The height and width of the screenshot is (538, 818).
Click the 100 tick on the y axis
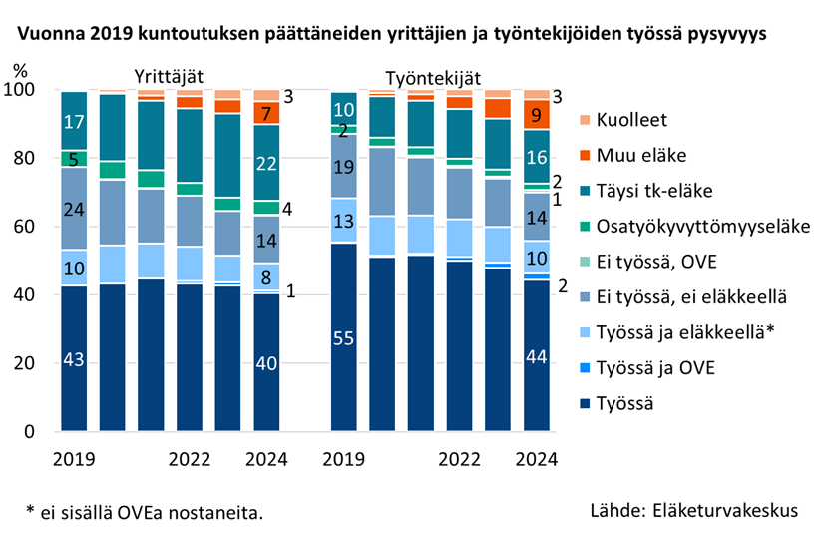pos(21,90)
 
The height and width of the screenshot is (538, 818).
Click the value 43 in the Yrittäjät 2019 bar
pos(74,360)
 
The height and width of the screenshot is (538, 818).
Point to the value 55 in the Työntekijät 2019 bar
pos(344,339)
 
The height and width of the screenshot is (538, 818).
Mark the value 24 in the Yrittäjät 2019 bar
pos(74,210)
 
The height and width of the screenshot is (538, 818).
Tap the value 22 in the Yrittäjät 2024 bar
pos(266,164)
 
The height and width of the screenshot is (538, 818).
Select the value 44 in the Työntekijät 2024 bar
pos(536,356)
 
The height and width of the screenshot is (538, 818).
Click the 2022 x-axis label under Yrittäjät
pos(190,460)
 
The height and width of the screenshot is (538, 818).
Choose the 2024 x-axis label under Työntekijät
pos(536,460)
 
